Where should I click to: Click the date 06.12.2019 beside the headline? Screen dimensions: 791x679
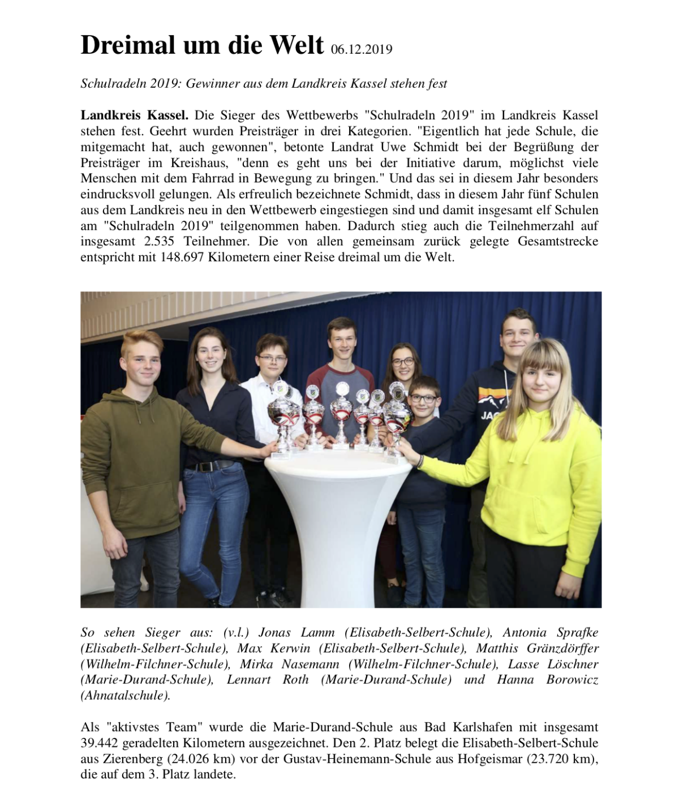tap(362, 49)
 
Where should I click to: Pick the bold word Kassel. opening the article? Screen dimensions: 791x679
tap(168, 115)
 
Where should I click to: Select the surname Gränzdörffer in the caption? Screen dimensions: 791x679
tap(562, 648)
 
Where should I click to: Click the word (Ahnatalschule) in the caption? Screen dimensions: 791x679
tap(125, 695)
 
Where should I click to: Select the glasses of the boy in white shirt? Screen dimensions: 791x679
tap(272, 358)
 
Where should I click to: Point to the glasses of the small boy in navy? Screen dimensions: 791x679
tap(423, 398)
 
